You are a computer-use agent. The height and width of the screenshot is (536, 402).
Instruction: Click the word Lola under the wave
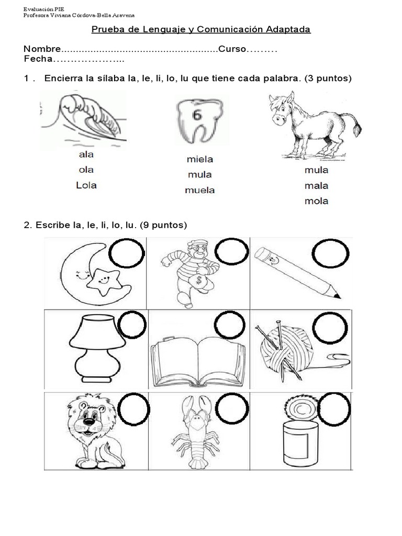(86, 185)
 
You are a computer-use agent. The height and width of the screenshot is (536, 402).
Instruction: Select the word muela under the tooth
(199, 190)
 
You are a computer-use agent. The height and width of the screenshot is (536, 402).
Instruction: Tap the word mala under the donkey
(316, 185)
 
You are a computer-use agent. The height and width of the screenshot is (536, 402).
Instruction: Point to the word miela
(199, 159)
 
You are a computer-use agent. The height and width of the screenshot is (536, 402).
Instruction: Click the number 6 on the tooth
(197, 115)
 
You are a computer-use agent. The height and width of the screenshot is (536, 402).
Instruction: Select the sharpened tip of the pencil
(335, 290)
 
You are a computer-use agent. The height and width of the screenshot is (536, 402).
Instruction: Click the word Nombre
(42, 49)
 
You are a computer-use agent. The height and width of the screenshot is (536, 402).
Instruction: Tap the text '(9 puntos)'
(163, 225)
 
